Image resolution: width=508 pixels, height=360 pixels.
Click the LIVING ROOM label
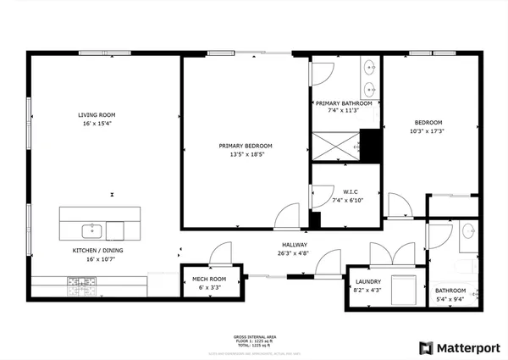[97, 114]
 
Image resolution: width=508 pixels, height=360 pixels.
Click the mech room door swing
[221, 253]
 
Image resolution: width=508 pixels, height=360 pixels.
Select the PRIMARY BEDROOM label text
[245, 146]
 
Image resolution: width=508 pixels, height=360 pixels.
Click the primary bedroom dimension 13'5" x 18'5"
[245, 154]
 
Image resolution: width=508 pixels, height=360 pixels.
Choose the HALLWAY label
[295, 244]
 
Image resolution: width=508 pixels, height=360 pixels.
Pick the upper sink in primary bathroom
[371, 67]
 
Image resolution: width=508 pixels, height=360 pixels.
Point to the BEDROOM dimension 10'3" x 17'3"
[427, 130]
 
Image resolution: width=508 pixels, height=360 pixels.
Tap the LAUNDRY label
[368, 282]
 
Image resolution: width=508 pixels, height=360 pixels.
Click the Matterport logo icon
[426, 347]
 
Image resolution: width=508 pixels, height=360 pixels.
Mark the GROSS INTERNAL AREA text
[253, 336]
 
